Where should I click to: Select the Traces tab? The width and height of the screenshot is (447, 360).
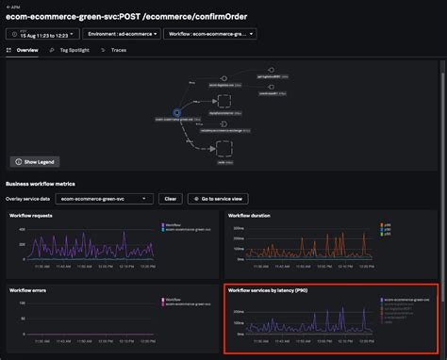click(x=117, y=50)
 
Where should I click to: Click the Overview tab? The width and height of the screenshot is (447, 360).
click(x=26, y=50)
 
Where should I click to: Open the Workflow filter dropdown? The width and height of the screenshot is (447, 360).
click(x=207, y=34)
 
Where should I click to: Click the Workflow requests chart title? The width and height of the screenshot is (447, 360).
click(x=30, y=216)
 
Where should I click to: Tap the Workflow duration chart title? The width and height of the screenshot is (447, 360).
click(x=249, y=216)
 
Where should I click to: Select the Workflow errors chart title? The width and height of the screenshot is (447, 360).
click(x=28, y=290)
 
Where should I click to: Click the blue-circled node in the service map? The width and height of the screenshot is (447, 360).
click(x=177, y=114)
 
